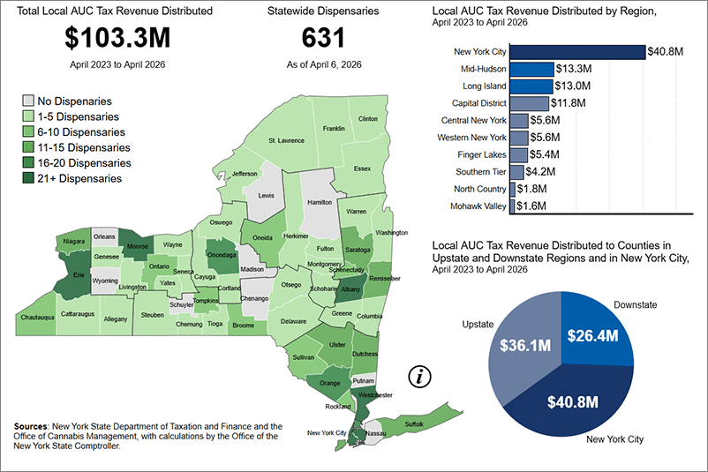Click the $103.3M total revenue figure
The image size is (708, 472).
[117, 39]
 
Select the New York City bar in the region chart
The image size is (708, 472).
[577, 52]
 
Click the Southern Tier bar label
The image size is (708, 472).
[480, 171]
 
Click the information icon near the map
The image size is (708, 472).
[421, 377]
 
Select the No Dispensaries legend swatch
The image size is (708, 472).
[28, 101]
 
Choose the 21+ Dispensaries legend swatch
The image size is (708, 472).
[28, 178]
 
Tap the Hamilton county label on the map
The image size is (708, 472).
[319, 202]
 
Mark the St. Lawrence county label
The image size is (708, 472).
[286, 140]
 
